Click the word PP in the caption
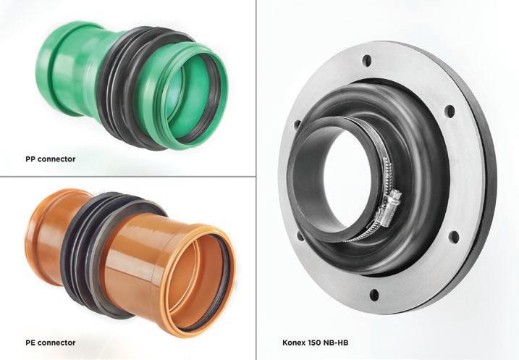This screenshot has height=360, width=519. pos(30,159)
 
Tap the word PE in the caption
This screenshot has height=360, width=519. pos(30,343)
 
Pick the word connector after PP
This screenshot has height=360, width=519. pos(56,159)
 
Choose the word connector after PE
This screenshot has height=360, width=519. pos(56,343)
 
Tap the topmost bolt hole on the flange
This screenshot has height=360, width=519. pos(367,61)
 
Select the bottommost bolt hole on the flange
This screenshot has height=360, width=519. pos(374,294)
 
